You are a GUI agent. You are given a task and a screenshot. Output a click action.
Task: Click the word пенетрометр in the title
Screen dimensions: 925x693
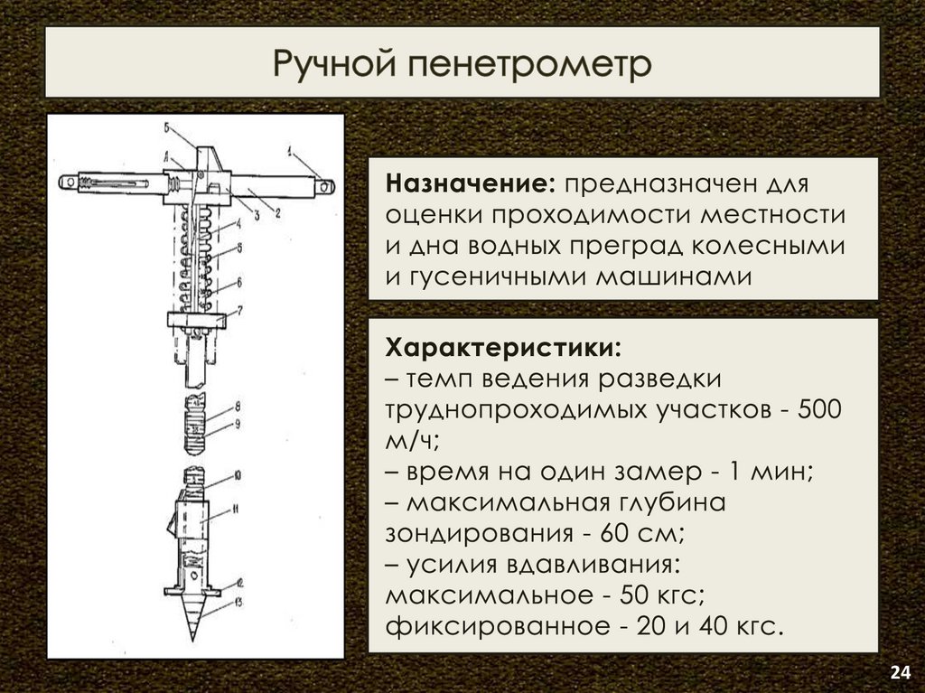[528, 65]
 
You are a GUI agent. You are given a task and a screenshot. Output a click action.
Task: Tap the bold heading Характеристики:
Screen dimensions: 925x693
[502, 348]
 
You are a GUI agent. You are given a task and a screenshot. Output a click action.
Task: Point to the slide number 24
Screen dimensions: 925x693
[900, 671]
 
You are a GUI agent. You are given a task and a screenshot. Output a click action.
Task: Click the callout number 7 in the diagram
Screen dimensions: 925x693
[239, 311]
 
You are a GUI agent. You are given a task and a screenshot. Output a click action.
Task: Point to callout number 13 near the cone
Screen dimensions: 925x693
[238, 600]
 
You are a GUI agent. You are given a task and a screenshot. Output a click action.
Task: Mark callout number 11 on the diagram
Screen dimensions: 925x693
[236, 510]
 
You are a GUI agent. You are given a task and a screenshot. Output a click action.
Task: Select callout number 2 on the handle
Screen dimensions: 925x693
[277, 212]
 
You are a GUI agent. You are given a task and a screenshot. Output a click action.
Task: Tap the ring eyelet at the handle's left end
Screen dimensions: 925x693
[66, 182]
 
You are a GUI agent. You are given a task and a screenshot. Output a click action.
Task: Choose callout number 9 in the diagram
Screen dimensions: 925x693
[237, 422]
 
